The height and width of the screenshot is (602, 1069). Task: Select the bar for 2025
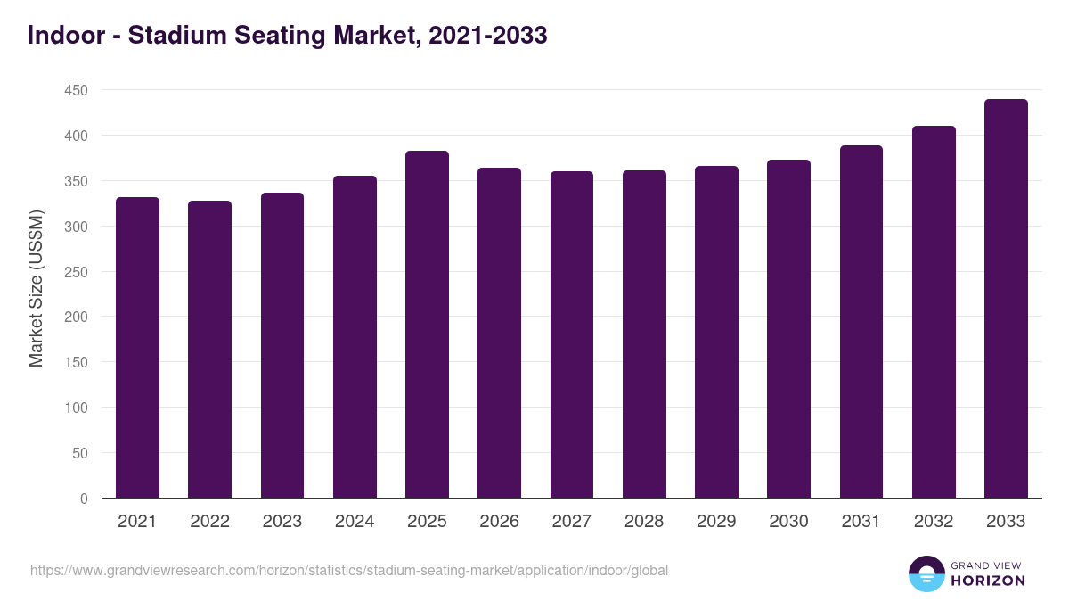point(427,325)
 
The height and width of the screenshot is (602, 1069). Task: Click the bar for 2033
point(1006,299)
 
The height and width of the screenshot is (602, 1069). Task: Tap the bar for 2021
point(137,348)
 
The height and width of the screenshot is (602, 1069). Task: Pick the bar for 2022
point(209,350)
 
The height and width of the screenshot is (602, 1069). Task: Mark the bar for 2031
point(861,322)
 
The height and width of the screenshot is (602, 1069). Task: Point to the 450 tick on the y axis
point(77,91)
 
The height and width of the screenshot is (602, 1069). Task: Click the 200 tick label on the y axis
point(77,317)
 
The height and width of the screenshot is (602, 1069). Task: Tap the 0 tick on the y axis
point(84,499)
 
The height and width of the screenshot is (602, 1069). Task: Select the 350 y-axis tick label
point(77,182)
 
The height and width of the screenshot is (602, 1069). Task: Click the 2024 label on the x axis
point(355,522)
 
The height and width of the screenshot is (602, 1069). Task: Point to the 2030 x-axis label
point(788,522)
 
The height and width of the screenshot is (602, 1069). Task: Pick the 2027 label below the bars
point(571,522)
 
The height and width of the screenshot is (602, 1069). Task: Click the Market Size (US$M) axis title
point(37,289)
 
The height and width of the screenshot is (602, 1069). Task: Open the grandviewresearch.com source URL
point(349,571)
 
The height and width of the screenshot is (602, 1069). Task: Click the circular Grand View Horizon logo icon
point(926,574)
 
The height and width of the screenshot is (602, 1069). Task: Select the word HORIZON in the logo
point(987,581)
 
